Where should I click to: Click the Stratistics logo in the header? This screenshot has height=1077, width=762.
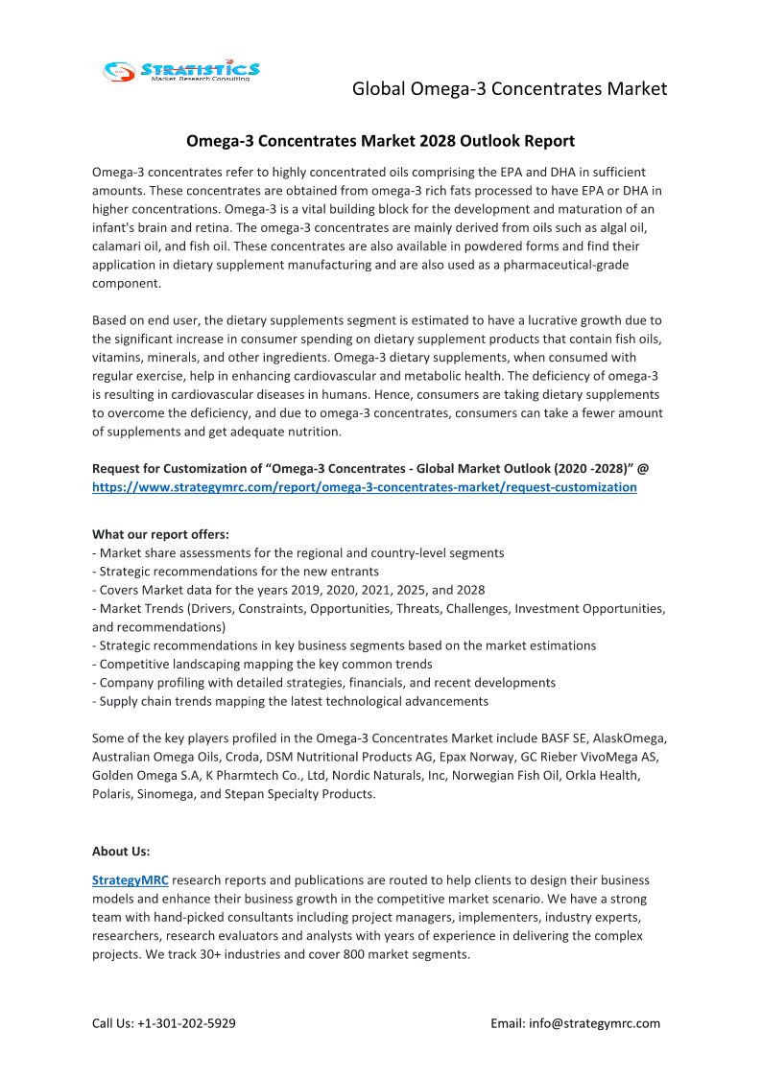click(x=181, y=70)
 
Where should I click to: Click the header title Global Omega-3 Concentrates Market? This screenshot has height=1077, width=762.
click(x=509, y=89)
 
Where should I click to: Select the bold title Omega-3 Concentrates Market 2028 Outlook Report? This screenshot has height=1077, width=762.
click(x=380, y=141)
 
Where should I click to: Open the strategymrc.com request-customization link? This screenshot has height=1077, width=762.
click(x=364, y=487)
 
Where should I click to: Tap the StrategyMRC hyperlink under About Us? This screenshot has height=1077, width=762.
click(x=130, y=880)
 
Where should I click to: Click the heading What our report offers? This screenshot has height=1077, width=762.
click(x=160, y=534)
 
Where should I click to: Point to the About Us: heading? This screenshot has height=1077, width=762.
click(x=121, y=851)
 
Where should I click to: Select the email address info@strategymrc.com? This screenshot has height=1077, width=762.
click(x=594, y=1023)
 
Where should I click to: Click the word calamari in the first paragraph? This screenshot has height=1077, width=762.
click(x=117, y=246)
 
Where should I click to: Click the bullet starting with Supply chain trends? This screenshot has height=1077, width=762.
click(x=290, y=701)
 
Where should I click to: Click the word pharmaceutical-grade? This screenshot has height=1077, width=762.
click(x=555, y=265)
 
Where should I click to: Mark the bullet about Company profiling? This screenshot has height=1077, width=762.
click(x=323, y=683)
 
